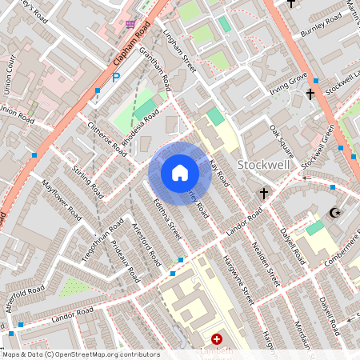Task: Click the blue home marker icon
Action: point(180,172)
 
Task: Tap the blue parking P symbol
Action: point(116,78)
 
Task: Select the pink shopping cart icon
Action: point(130,24)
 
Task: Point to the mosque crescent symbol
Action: point(335,213)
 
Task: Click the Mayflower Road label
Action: point(63,206)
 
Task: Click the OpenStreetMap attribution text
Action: point(80,354)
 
